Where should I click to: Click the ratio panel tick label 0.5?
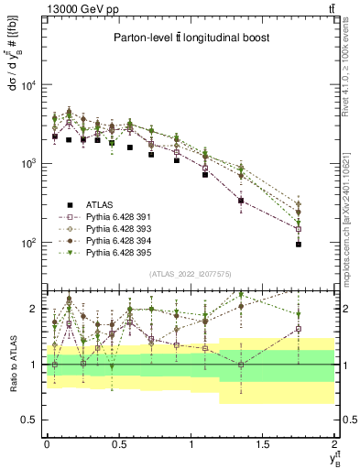pos(30,420)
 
